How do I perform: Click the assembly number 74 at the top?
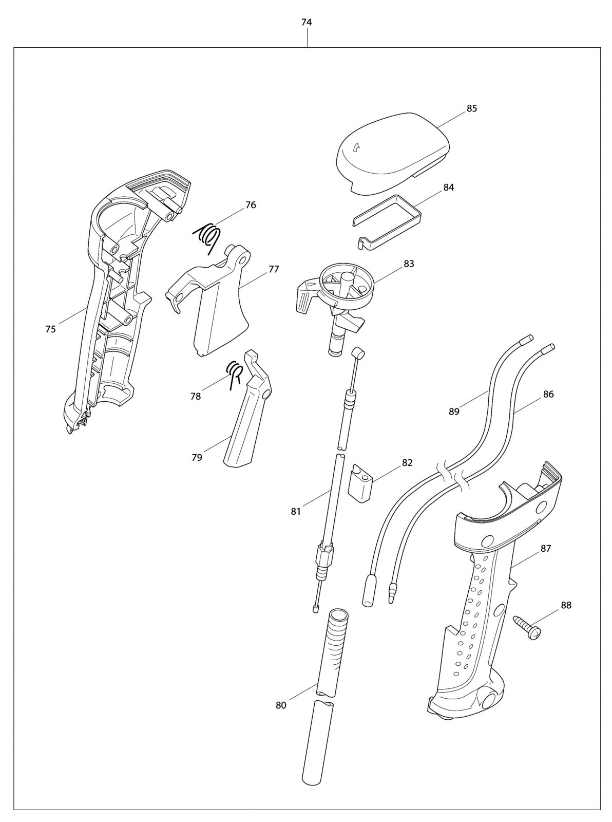coord(307,22)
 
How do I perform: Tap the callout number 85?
coord(471,108)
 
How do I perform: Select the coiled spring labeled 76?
coord(207,237)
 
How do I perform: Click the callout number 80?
coord(281,705)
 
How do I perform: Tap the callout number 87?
coord(545,549)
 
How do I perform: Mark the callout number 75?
coord(50,329)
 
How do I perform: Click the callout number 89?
coord(454,411)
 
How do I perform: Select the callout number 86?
coord(548,395)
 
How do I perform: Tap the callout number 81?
coord(296,511)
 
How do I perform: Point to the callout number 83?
coord(409,264)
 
